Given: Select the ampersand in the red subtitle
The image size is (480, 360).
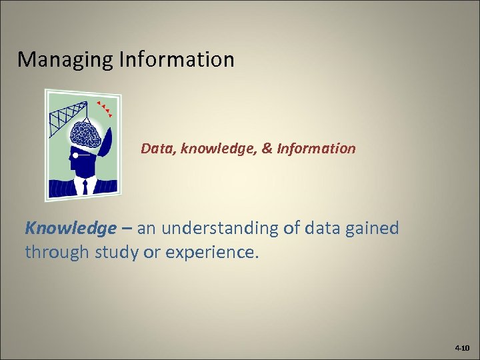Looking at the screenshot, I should point(266,148).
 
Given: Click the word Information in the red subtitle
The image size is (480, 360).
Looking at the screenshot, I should point(317,148).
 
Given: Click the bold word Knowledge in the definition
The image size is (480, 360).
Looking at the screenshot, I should point(70,229).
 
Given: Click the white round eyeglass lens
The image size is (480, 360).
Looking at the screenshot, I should point(76,155).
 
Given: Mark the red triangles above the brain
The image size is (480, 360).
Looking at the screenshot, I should point(103,109).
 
